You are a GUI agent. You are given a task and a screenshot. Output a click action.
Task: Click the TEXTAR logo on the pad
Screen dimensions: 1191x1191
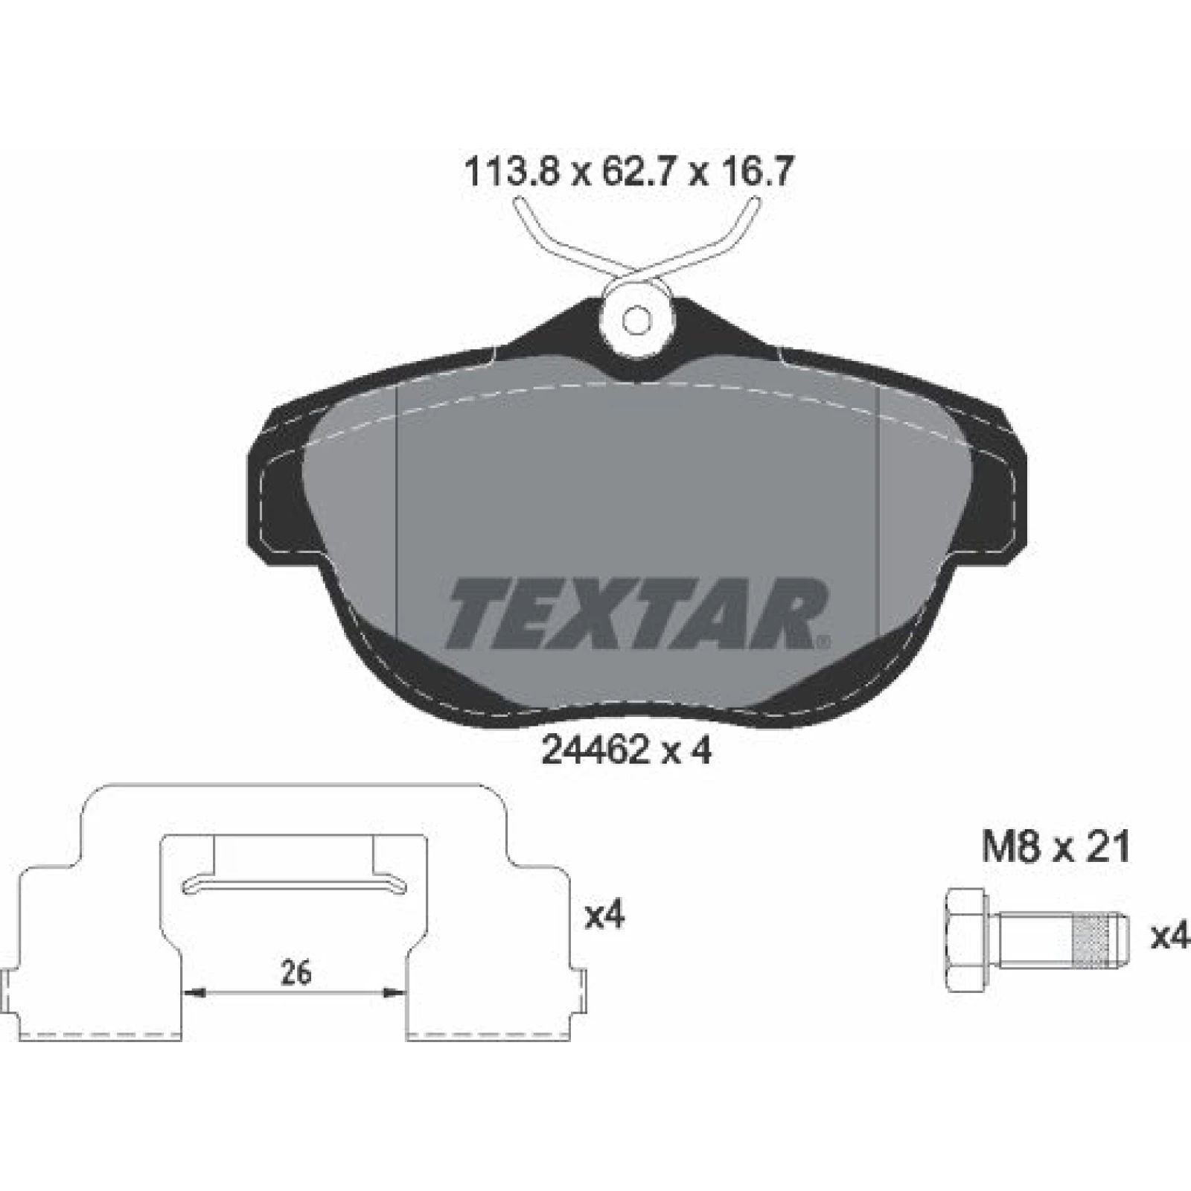coord(633,614)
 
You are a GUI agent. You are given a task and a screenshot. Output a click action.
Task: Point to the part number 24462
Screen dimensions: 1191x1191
coord(594,752)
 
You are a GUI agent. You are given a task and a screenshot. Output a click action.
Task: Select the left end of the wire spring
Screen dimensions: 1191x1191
coord(520,201)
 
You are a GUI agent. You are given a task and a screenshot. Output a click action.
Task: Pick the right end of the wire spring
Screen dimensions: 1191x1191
coord(753,201)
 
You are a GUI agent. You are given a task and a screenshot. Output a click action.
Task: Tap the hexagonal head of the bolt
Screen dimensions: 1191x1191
coord(967,939)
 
